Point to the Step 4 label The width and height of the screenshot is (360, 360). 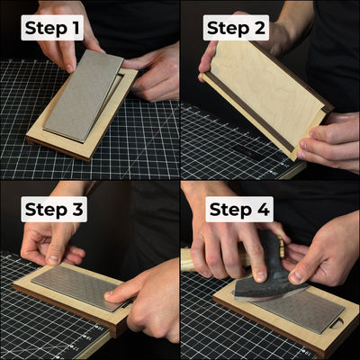238,211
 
